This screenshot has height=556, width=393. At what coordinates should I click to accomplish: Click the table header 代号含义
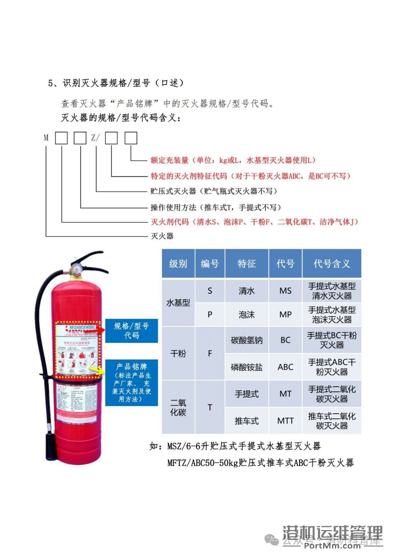(x=332, y=264)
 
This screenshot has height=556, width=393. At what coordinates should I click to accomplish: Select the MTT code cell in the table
(x=285, y=421)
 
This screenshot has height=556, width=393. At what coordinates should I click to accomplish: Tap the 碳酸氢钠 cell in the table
(x=247, y=340)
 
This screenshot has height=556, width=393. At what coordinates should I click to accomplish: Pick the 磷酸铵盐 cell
(x=247, y=367)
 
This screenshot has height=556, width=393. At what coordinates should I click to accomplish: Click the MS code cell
(x=285, y=291)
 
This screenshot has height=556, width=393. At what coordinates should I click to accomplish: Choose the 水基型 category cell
(x=178, y=303)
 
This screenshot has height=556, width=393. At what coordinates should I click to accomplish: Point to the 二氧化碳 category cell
(x=178, y=407)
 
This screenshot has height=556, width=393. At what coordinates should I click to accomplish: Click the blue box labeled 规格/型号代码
(x=131, y=331)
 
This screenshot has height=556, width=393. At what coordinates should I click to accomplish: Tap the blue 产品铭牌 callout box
(x=131, y=383)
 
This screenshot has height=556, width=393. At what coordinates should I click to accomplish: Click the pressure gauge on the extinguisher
(x=77, y=269)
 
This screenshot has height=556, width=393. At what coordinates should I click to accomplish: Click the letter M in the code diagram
(x=46, y=138)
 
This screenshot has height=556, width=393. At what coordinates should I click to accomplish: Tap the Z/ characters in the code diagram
(x=95, y=138)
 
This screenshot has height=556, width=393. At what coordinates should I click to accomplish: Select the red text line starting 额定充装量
(x=233, y=160)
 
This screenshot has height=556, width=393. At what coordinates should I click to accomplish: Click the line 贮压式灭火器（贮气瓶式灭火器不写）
(x=214, y=191)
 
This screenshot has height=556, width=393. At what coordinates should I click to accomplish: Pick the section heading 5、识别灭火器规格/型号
(x=116, y=83)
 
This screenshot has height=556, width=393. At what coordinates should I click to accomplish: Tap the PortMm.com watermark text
(x=332, y=545)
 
